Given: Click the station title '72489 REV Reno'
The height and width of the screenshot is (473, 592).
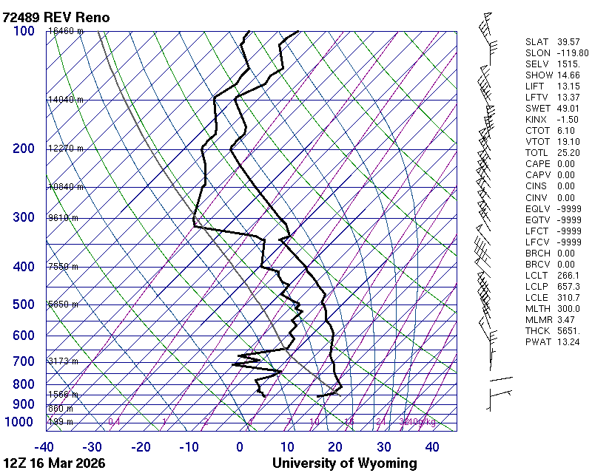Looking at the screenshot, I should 56,17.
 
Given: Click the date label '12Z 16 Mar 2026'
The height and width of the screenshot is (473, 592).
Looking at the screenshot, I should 54,463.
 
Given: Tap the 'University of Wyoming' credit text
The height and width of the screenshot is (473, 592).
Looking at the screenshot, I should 344,463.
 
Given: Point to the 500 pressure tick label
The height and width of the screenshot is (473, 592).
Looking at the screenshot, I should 24,304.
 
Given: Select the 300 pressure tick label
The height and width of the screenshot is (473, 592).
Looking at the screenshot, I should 24,217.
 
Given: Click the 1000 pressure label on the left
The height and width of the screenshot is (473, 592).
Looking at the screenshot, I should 20,422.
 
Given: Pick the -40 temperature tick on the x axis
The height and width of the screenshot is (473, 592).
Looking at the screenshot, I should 44,447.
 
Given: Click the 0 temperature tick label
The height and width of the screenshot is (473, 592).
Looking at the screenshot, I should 240,447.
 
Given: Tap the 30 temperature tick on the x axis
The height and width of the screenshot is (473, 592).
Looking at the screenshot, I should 384,447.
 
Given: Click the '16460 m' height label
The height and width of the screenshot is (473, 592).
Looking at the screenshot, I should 65,31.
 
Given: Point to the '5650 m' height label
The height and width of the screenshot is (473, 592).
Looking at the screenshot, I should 63,304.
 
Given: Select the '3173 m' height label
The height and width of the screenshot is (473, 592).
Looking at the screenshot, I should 63,361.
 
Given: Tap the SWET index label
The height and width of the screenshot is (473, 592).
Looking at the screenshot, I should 535,109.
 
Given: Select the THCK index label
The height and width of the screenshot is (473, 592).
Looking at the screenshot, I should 535,330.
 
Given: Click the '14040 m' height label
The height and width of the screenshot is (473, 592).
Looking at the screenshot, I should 65,99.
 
